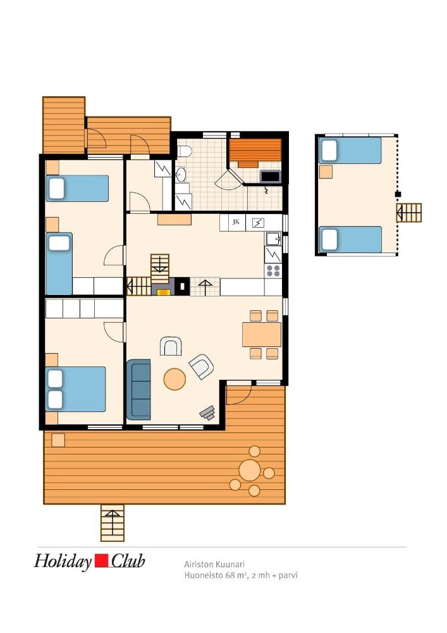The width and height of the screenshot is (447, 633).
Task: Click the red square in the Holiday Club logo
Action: click(x=101, y=561)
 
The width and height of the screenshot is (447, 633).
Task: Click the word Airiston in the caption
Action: click(x=198, y=564)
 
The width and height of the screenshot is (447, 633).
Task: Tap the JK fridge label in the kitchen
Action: click(x=236, y=222)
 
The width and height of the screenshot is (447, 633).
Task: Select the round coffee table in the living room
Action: click(x=175, y=379)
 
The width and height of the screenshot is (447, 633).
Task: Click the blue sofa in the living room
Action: click(x=138, y=389)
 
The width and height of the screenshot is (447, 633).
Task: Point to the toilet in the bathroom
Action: click(x=184, y=151)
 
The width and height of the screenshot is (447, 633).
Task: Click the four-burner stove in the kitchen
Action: click(x=273, y=270)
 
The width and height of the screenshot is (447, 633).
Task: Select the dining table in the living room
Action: click(x=262, y=334)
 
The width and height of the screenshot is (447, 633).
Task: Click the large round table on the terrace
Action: click(x=250, y=470)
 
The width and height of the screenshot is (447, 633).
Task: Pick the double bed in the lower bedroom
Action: click(x=75, y=389)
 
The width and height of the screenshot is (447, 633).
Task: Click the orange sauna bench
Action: click(x=255, y=152)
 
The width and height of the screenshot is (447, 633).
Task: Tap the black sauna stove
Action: click(x=270, y=177)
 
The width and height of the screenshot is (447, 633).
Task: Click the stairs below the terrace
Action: click(x=112, y=522)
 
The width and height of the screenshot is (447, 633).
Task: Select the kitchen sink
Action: click(x=273, y=238)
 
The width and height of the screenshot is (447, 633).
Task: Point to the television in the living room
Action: click(x=207, y=413)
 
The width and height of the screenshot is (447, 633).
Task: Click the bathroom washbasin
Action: click(x=181, y=175)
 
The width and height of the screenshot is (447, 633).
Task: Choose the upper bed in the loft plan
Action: click(x=350, y=151)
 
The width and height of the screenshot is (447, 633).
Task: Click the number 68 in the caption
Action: click(x=230, y=575)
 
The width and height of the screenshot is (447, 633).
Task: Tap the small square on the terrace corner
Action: click(x=58, y=440)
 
